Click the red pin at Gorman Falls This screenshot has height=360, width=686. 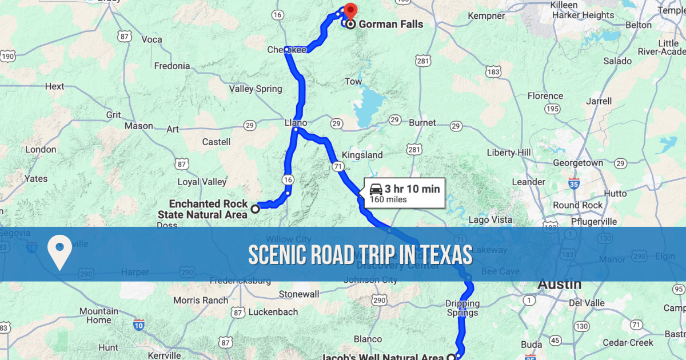tap(349, 10)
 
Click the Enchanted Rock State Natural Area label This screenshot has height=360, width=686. tap(208, 209)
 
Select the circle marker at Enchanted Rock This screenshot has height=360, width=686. tap(256, 209)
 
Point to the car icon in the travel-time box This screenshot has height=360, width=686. tap(376, 189)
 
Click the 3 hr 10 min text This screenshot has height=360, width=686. tap(412, 189)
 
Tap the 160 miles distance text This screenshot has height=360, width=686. tap(388, 199)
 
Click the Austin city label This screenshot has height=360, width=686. tap(560, 284)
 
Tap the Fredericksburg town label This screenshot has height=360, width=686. tap(241, 281)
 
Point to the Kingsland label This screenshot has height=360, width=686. tap(362, 155)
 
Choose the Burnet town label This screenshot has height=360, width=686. tap(422, 122)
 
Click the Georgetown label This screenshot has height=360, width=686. tap(578, 163)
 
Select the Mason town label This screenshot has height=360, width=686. tap(138, 126)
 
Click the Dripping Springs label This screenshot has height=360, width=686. tap(462, 308)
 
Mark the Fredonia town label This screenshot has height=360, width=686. tap(171, 66)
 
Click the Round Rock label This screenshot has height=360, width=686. tap(577, 205)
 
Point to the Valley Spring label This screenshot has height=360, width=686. tap(256, 89)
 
